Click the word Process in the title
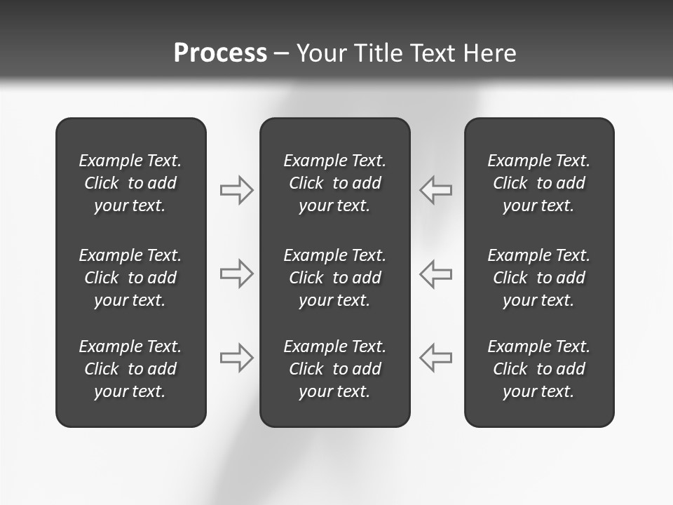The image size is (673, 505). coord(220,53)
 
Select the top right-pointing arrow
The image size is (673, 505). coord(237,190)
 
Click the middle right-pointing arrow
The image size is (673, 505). coord(237,274)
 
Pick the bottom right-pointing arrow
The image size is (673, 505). coord(237,358)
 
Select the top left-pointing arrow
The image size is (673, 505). coord(435,190)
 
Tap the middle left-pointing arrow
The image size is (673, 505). coord(435,274)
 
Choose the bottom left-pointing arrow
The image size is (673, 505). coord(435,358)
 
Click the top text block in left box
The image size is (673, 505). coord(130,183)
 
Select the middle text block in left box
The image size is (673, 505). coord(130,278)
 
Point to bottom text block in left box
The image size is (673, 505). coord(130,369)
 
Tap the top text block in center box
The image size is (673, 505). coord(334,183)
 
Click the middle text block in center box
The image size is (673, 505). coord(334,278)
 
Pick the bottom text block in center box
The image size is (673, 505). coord(334,369)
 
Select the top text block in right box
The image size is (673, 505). coord(539,183)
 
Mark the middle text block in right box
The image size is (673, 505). coord(539,278)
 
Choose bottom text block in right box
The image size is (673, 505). coord(539,369)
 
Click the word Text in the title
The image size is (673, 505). coord(433,53)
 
